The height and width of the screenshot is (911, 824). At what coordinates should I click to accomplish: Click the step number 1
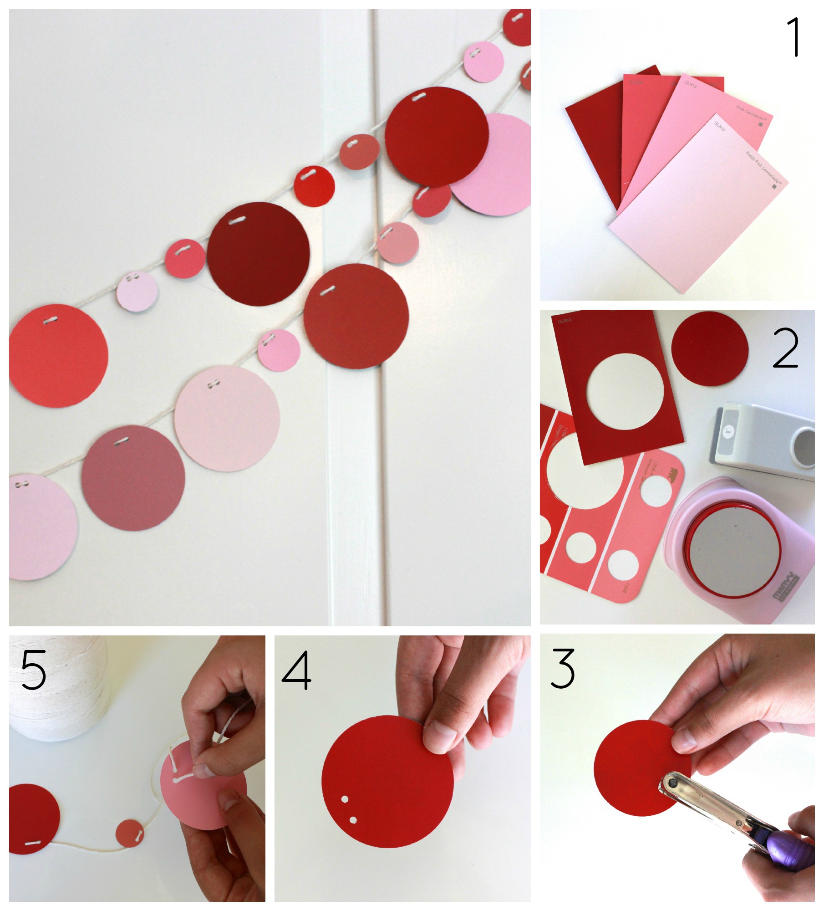(x=794, y=37)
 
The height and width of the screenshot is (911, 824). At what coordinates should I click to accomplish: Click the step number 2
(x=785, y=349)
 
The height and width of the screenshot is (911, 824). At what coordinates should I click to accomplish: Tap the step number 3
(x=563, y=669)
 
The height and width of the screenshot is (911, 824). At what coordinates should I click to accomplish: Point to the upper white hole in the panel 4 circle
(x=345, y=799)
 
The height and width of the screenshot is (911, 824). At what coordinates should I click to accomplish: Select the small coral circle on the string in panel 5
(x=130, y=833)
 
